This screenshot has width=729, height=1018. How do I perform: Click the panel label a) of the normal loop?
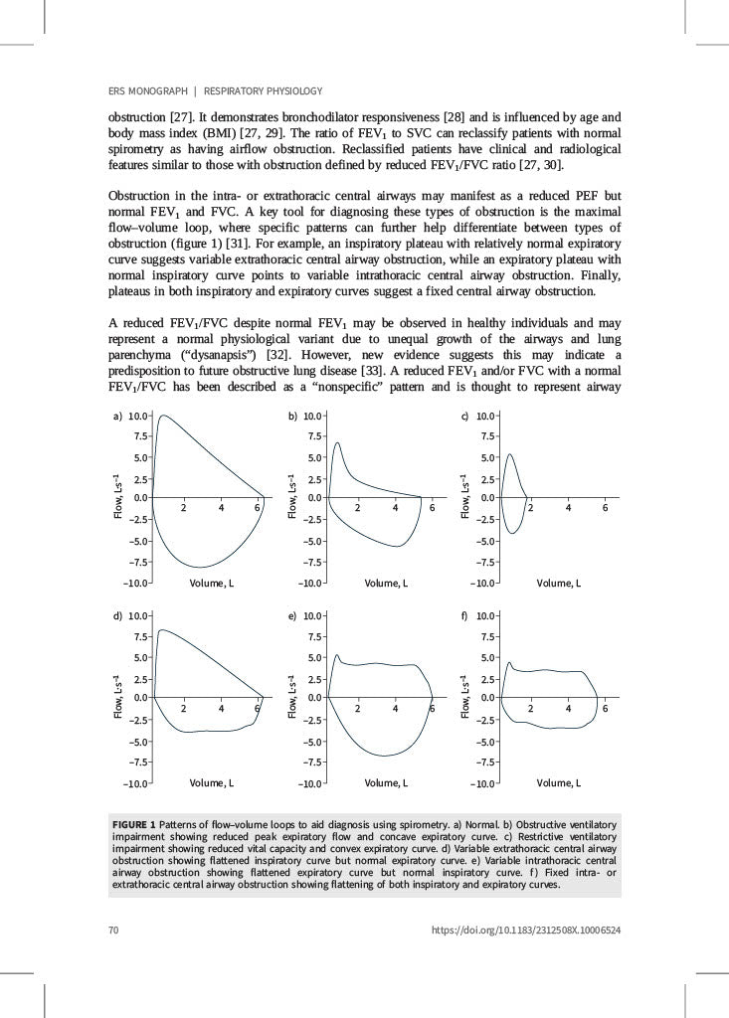[x=116, y=416]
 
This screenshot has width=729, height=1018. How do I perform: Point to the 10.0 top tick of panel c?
[x=485, y=416]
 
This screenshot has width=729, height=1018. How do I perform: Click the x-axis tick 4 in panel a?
[x=221, y=509]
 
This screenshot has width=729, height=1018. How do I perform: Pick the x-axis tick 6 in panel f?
[x=605, y=709]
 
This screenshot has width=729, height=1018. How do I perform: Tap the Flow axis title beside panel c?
[x=464, y=496]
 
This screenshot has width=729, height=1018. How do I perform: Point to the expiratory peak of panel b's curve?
[x=337, y=443]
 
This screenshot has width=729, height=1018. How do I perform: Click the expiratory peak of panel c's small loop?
[x=510, y=455]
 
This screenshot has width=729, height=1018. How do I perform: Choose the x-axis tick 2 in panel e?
[x=358, y=709]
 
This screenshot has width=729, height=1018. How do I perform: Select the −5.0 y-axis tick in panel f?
[x=485, y=741]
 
